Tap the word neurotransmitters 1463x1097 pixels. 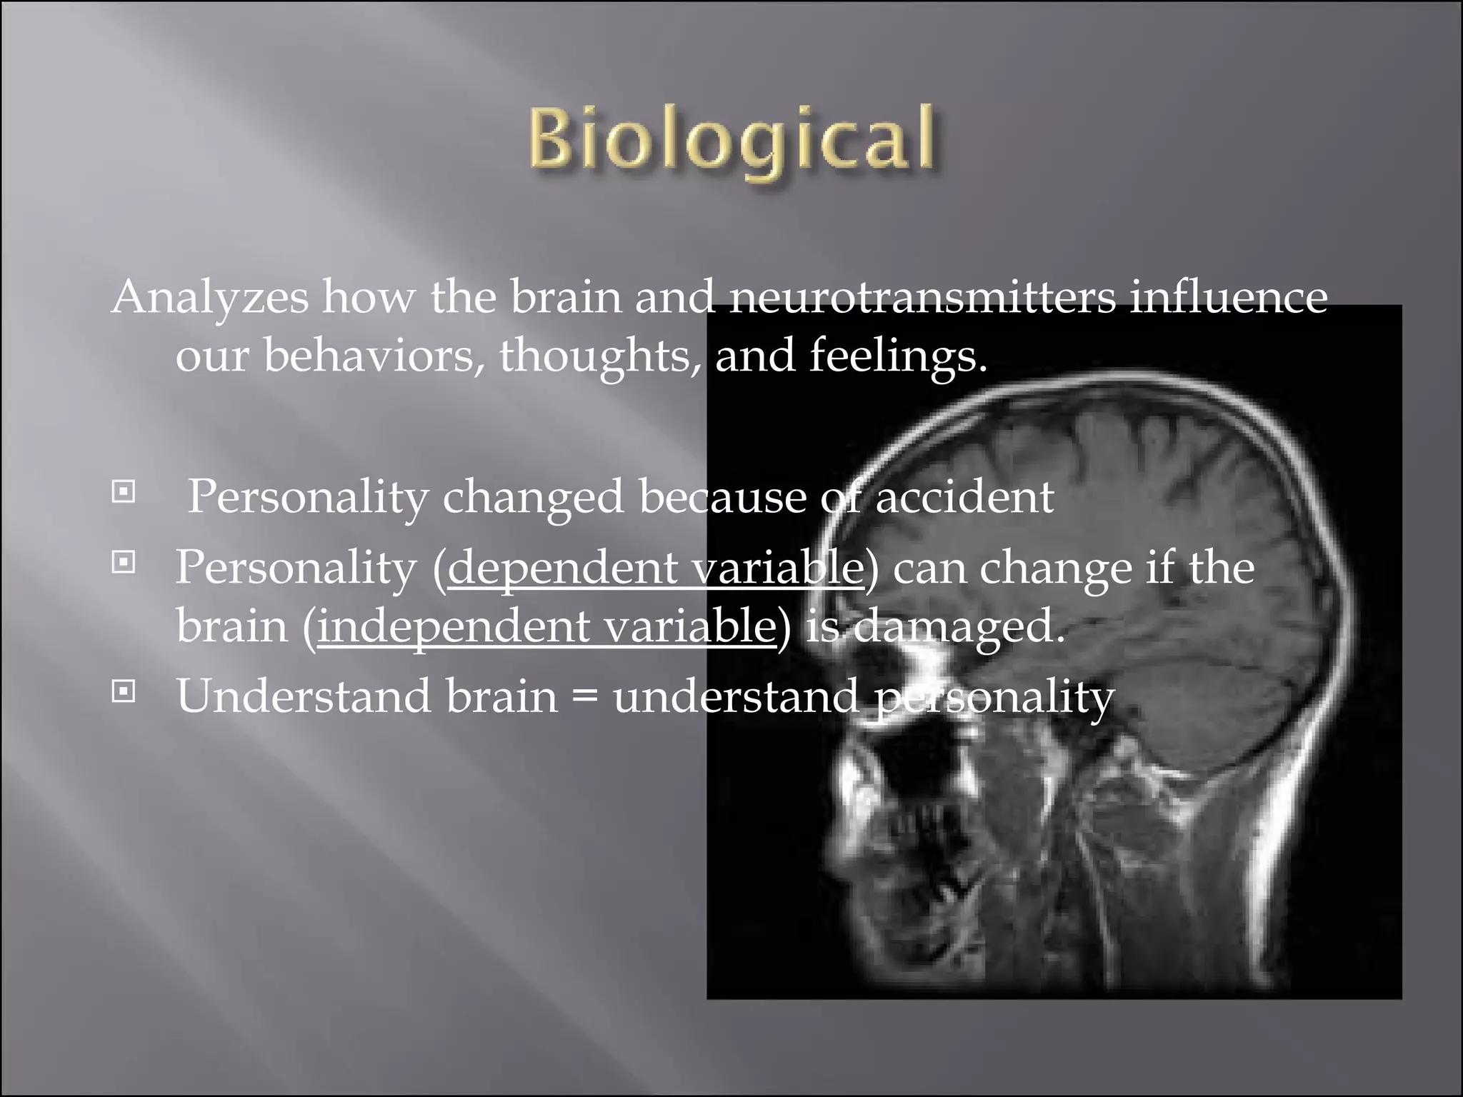click(922, 296)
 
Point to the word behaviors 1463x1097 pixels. click(369, 355)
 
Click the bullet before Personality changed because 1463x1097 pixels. click(124, 492)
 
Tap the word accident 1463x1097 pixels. click(964, 497)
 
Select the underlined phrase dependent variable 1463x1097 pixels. click(655, 568)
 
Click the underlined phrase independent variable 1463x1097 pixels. click(546, 626)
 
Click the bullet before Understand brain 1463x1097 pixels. click(124, 691)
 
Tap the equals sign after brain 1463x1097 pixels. click(585, 696)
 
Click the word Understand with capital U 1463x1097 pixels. click(304, 696)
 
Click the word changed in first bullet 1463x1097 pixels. click(532, 497)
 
